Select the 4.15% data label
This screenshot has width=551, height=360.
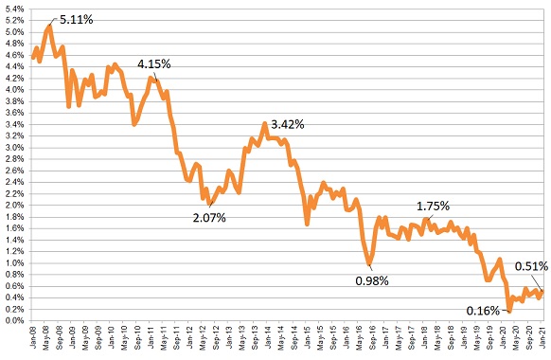point(155,63)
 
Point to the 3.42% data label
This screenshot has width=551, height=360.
point(288,124)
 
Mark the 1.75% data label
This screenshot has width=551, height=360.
point(434,206)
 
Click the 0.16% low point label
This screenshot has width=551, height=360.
point(485,310)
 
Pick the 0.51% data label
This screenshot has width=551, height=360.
point(530,266)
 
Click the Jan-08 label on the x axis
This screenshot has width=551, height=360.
point(34,338)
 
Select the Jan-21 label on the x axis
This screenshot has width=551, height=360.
point(542,338)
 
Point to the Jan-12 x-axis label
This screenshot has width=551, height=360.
point(190,338)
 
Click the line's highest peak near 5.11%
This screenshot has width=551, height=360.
point(49,26)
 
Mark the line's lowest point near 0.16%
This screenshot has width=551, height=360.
point(508,311)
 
